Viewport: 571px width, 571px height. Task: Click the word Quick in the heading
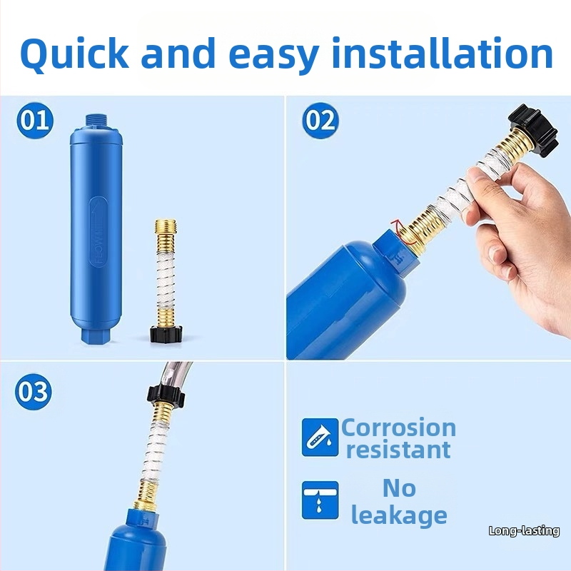click(74, 55)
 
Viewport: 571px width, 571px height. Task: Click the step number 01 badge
click(35, 121)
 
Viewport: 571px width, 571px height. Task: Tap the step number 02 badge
click(320, 121)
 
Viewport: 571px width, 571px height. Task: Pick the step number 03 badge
click(33, 391)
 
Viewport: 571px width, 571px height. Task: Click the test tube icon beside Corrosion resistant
click(320, 437)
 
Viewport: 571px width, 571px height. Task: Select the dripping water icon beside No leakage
click(320, 500)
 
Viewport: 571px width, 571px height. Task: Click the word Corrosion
click(398, 428)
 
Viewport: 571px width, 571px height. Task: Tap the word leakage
click(399, 515)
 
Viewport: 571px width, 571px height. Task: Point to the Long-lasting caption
click(524, 530)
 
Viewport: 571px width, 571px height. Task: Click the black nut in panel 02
click(532, 129)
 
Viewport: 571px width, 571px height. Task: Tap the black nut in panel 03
click(166, 394)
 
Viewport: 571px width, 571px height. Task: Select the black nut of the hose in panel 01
click(166, 335)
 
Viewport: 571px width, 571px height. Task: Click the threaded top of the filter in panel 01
click(96, 121)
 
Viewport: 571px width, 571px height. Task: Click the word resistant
click(398, 450)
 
